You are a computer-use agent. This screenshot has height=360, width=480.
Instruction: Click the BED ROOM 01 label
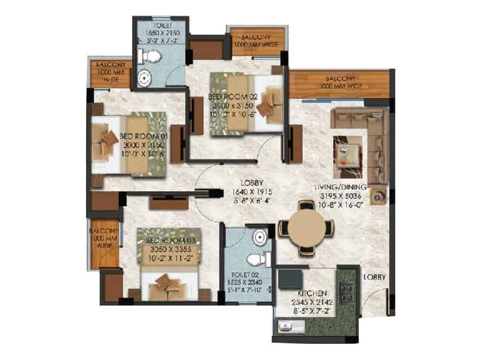click(143, 136)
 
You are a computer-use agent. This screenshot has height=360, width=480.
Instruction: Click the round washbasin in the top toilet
click(144, 78)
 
